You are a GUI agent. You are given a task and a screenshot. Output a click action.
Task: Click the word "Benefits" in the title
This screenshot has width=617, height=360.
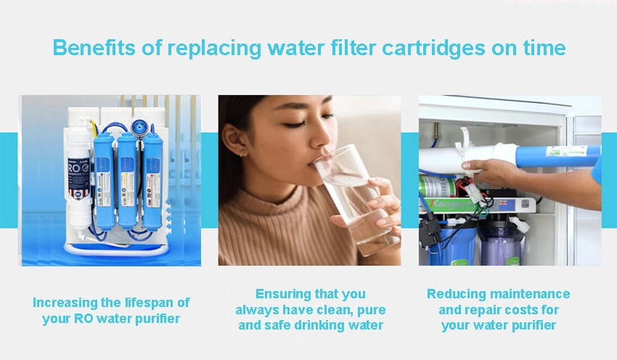(94, 48)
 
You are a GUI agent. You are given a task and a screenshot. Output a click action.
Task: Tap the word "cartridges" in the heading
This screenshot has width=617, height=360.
(433, 49)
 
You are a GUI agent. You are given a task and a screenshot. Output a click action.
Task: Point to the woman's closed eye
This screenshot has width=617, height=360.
(295, 125)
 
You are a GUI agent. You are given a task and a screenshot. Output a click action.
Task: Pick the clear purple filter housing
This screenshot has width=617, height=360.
(501, 242)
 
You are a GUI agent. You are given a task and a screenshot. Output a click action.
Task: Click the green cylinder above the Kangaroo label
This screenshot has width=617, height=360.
(437, 186)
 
